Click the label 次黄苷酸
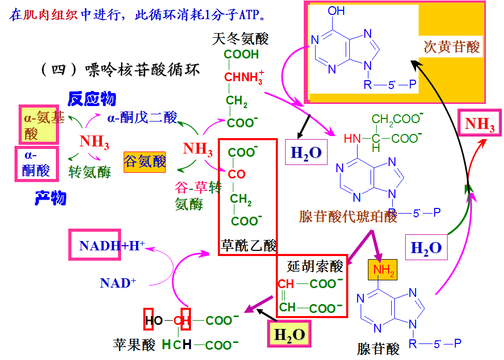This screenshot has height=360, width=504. pyautogui.click(x=452, y=47)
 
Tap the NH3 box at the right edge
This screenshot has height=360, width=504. pyautogui.click(x=480, y=124)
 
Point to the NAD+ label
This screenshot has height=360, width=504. pyautogui.click(x=118, y=283)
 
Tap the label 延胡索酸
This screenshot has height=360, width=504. pyautogui.click(x=315, y=266)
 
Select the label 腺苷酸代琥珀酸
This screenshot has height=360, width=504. pyautogui.click(x=348, y=216)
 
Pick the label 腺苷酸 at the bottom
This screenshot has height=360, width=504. pyautogui.click(x=378, y=349)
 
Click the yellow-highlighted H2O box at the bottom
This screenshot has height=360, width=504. pyautogui.click(x=290, y=335)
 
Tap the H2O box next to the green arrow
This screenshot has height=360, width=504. pyautogui.click(x=426, y=247)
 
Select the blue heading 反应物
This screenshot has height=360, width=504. pyautogui.click(x=92, y=98)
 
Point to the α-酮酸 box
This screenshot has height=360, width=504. pyautogui.click(x=36, y=162)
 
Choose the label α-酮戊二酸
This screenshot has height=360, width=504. pyautogui.click(x=142, y=117)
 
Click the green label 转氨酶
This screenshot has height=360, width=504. pyautogui.click(x=90, y=172)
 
